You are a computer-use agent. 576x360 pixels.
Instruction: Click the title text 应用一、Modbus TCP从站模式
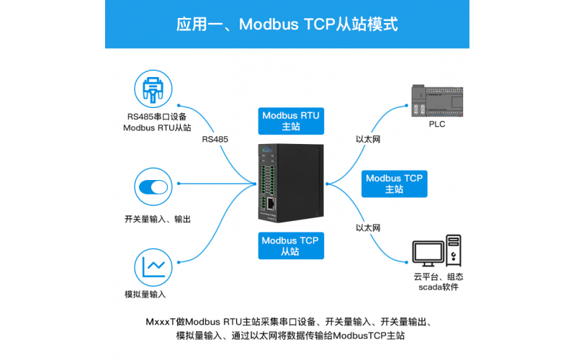[x=287, y=24]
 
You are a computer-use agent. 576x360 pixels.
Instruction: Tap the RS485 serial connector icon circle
[x=155, y=90]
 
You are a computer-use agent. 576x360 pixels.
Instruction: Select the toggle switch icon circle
[x=155, y=187]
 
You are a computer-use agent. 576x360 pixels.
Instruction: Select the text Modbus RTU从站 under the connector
[x=157, y=127]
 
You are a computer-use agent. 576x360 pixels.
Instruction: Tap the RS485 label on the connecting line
[x=215, y=139]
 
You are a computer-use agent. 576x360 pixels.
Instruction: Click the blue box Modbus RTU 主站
[x=290, y=120]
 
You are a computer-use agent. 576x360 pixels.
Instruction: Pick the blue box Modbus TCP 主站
[x=394, y=184]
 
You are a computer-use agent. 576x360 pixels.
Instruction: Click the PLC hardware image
[x=436, y=101]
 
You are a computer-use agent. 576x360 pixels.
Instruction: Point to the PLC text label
[x=436, y=124]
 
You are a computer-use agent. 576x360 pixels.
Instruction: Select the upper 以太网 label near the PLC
[x=368, y=140]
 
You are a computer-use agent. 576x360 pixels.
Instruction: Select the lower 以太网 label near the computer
[x=368, y=228]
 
